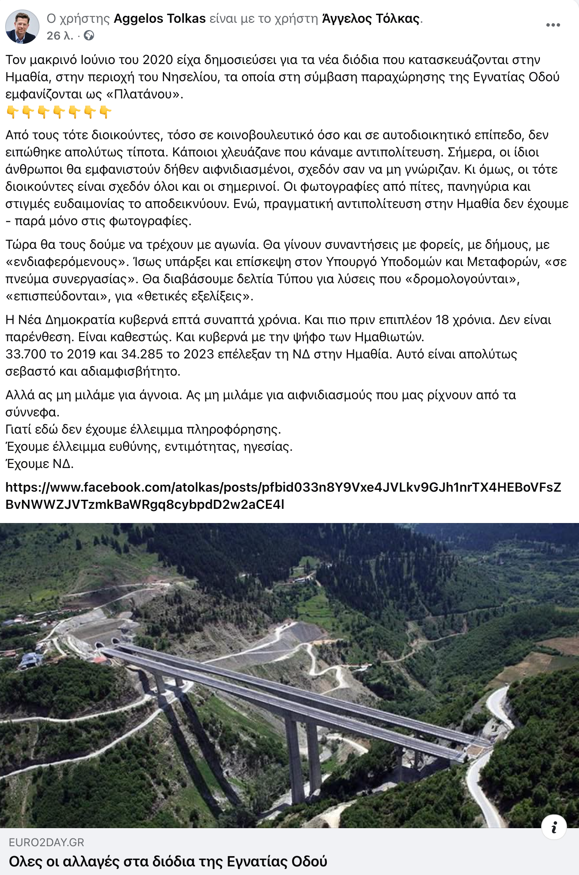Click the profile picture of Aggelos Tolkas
(22, 27)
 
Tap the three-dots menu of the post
(553, 25)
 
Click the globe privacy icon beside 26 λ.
(89, 36)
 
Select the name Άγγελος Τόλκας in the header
(371, 18)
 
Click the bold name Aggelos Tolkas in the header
(159, 18)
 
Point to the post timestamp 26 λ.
(59, 36)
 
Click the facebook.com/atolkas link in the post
(283, 496)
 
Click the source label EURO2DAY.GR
(46, 842)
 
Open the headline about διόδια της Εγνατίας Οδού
(168, 861)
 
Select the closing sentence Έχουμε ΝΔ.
(40, 464)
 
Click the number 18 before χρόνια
(442, 320)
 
